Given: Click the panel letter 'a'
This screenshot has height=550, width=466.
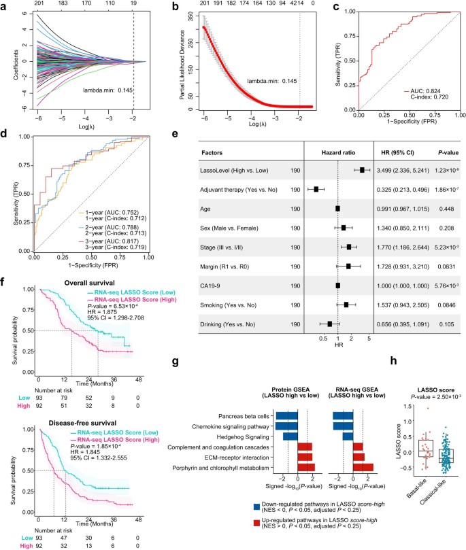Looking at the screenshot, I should click(x=5, y=6).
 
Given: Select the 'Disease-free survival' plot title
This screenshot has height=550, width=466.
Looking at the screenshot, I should click(x=84, y=414).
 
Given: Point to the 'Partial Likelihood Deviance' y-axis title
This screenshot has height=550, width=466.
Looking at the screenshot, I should click(x=184, y=65).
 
